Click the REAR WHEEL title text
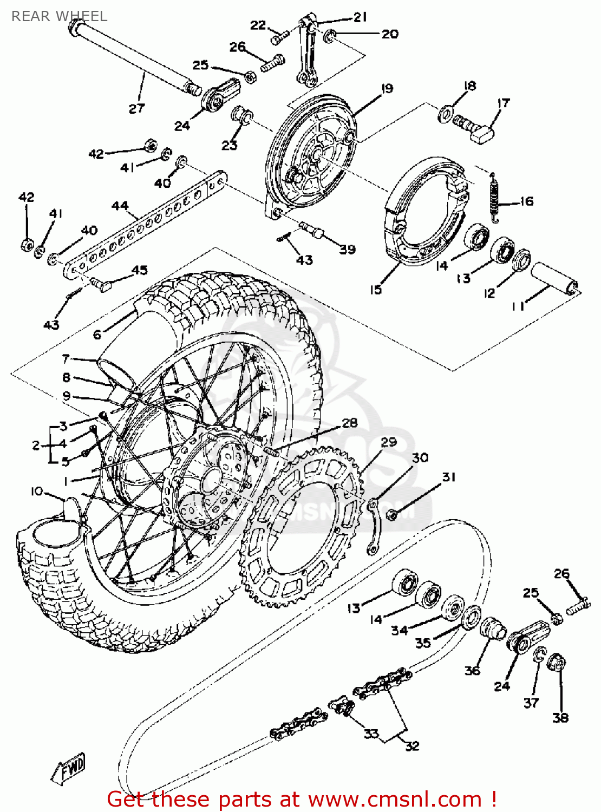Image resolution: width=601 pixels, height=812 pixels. tap(59, 16)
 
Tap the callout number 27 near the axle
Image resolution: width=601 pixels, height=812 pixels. tap(136, 108)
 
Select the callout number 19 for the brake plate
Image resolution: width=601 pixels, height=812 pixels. tap(387, 88)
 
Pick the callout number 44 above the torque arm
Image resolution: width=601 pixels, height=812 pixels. tap(120, 206)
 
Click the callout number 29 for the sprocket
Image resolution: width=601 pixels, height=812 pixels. tap(388, 442)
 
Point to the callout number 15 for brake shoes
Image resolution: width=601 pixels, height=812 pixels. tap(376, 290)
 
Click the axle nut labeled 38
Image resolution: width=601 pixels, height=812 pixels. tap(557, 663)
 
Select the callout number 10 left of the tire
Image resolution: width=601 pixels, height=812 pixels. tap(36, 491)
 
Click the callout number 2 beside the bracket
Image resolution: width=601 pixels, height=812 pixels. tap(36, 445)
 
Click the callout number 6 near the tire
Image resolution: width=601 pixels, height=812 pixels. tap(97, 335)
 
